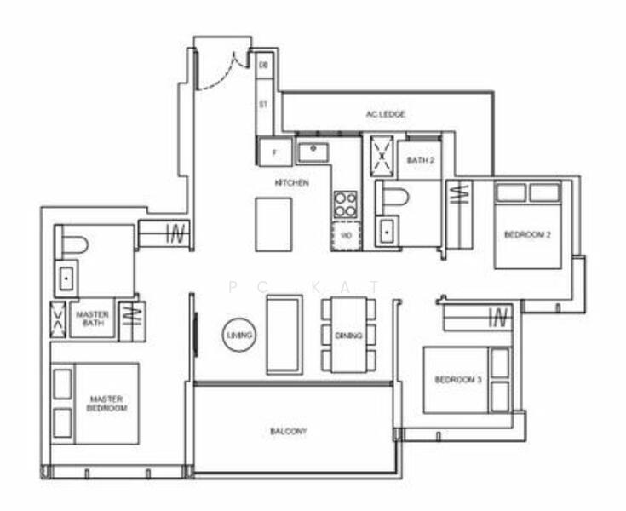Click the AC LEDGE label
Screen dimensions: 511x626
(385, 114)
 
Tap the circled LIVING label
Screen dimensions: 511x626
(239, 336)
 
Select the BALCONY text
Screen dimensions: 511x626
(289, 432)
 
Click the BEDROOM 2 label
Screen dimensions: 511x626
(526, 234)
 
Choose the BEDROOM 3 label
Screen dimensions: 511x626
(458, 380)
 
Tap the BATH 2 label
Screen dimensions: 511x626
(420, 159)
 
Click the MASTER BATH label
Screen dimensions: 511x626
(92, 319)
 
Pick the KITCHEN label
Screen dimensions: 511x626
(291, 183)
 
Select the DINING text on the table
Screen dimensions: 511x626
(349, 336)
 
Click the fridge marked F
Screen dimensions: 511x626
(275, 152)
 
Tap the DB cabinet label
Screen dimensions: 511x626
(263, 66)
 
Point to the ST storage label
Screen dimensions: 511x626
(263, 105)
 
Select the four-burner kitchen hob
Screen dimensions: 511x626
(346, 204)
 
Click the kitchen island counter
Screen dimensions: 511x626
(273, 224)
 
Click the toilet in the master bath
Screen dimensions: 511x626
(74, 245)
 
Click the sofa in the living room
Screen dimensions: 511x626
(284, 334)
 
